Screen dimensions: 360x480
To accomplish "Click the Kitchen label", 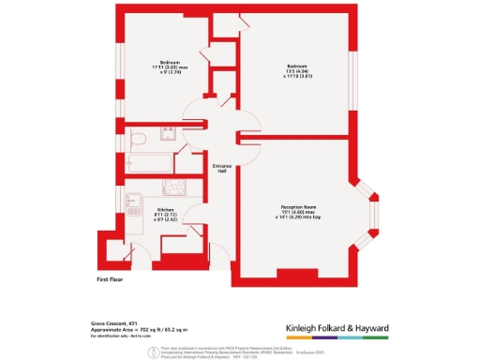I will (166, 214).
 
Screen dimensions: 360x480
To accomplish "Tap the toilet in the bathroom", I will (139, 140).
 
